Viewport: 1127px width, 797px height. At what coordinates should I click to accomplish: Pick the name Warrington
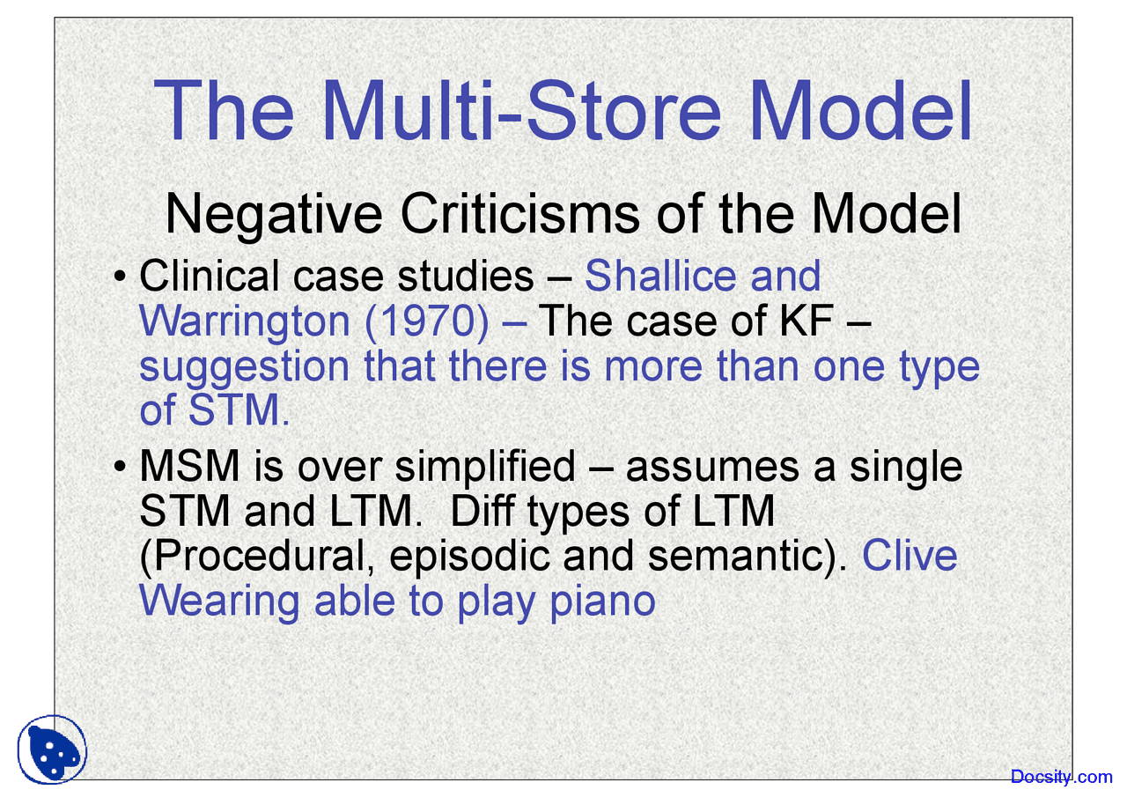[x=245, y=321]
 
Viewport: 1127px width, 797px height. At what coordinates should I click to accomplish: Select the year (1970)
[x=427, y=322]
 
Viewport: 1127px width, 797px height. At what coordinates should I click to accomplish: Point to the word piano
[x=602, y=601]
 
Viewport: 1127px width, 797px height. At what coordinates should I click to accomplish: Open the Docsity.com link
[x=1061, y=776]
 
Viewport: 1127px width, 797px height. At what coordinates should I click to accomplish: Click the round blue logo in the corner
[x=52, y=748]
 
